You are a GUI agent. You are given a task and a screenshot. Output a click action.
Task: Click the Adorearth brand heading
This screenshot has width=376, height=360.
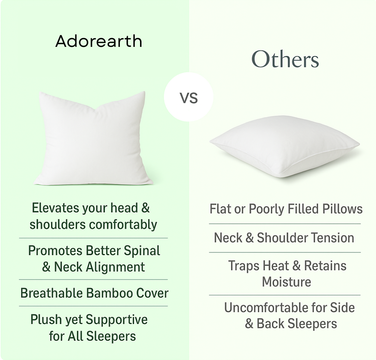(x=99, y=41)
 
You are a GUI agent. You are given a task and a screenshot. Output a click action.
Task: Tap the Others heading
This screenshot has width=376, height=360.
(x=285, y=59)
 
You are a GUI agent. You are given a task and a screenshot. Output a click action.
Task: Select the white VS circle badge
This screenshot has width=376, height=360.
(x=188, y=97)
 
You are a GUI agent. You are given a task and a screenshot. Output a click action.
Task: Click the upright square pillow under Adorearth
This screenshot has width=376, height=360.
(x=93, y=138)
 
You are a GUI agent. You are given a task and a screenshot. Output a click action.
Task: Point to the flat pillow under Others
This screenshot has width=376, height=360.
(x=285, y=147)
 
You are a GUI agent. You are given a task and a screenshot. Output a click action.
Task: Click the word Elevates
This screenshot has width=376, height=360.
(x=55, y=208)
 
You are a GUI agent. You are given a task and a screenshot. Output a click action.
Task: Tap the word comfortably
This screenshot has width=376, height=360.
(x=123, y=225)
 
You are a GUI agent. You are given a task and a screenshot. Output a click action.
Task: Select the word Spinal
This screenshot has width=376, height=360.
(x=142, y=251)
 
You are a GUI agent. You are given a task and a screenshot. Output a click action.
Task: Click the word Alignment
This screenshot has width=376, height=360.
(x=115, y=267)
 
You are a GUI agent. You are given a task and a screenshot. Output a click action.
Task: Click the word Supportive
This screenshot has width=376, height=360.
(x=117, y=320)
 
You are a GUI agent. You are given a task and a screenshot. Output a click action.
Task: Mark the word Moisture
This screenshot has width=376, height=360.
(x=287, y=282)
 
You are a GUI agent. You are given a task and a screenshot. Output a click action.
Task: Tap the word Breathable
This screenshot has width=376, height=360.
(x=51, y=293)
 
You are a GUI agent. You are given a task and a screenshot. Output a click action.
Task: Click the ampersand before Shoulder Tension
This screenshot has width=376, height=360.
(x=249, y=238)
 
